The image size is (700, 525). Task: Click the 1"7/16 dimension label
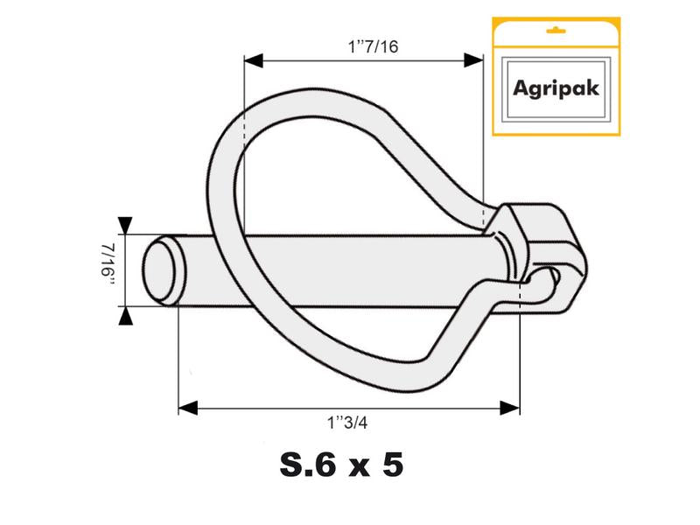pos(373,46)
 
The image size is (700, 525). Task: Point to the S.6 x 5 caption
pos(341,465)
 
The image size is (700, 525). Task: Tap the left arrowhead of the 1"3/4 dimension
pos(188,408)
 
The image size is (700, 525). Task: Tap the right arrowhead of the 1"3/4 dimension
pos(510,408)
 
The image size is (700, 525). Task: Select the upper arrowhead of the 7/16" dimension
pos(127,226)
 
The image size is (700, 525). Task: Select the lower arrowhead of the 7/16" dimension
pos(127,317)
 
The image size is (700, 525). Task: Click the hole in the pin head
pos(552,278)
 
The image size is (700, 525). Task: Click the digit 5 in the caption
pos(391,465)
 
